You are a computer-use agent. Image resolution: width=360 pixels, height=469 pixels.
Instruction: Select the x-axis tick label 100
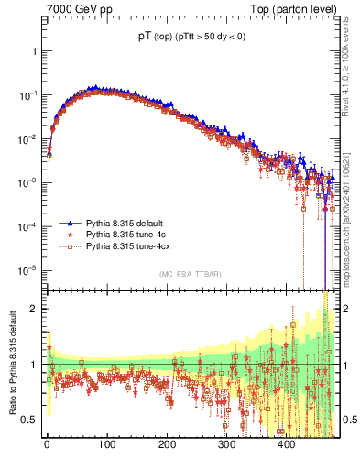coord(106,444)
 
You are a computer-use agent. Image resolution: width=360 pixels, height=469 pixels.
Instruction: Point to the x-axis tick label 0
coord(47,444)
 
